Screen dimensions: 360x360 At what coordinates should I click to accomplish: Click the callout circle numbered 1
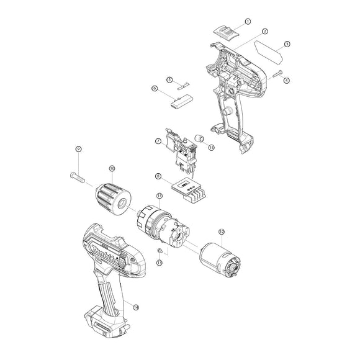pyautogui.click(x=248, y=21)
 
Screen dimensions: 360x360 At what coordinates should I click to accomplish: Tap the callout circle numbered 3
pyautogui.click(x=287, y=44)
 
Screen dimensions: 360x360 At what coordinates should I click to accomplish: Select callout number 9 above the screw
pyautogui.click(x=78, y=149)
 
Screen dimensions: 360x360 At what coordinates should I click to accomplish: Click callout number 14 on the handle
pyautogui.click(x=135, y=307)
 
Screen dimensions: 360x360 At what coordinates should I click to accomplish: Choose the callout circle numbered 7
pyautogui.click(x=158, y=142)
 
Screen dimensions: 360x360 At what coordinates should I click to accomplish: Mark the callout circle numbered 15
pyautogui.click(x=212, y=148)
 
